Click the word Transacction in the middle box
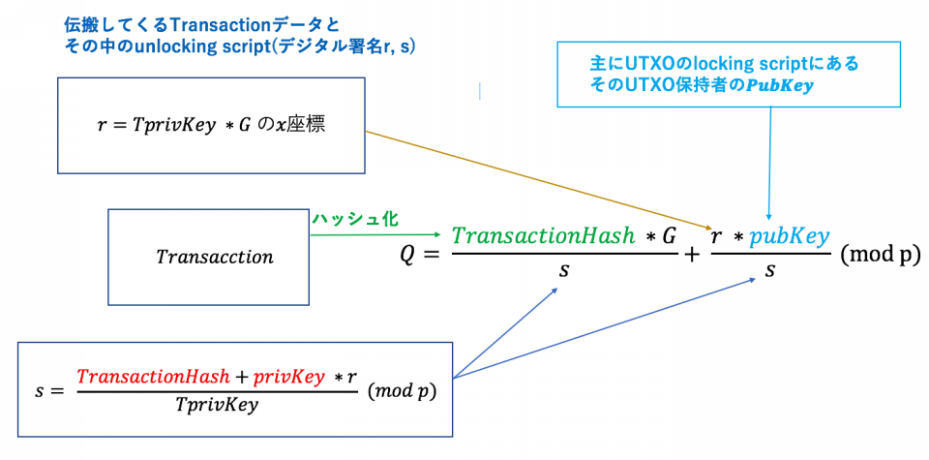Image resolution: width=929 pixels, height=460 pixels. pyautogui.click(x=215, y=258)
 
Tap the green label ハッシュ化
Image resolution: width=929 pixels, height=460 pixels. pyautogui.click(x=354, y=220)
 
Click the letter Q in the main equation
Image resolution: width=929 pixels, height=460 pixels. pyautogui.click(x=410, y=256)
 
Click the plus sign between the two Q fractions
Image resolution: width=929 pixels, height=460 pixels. pyautogui.click(x=692, y=256)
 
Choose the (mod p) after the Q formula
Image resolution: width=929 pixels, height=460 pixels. pyautogui.click(x=880, y=256)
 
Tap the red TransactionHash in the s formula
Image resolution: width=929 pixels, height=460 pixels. pyautogui.click(x=153, y=376)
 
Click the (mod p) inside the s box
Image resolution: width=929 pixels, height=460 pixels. pyautogui.click(x=403, y=392)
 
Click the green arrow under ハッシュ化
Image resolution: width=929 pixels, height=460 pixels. pyautogui.click(x=377, y=233)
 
